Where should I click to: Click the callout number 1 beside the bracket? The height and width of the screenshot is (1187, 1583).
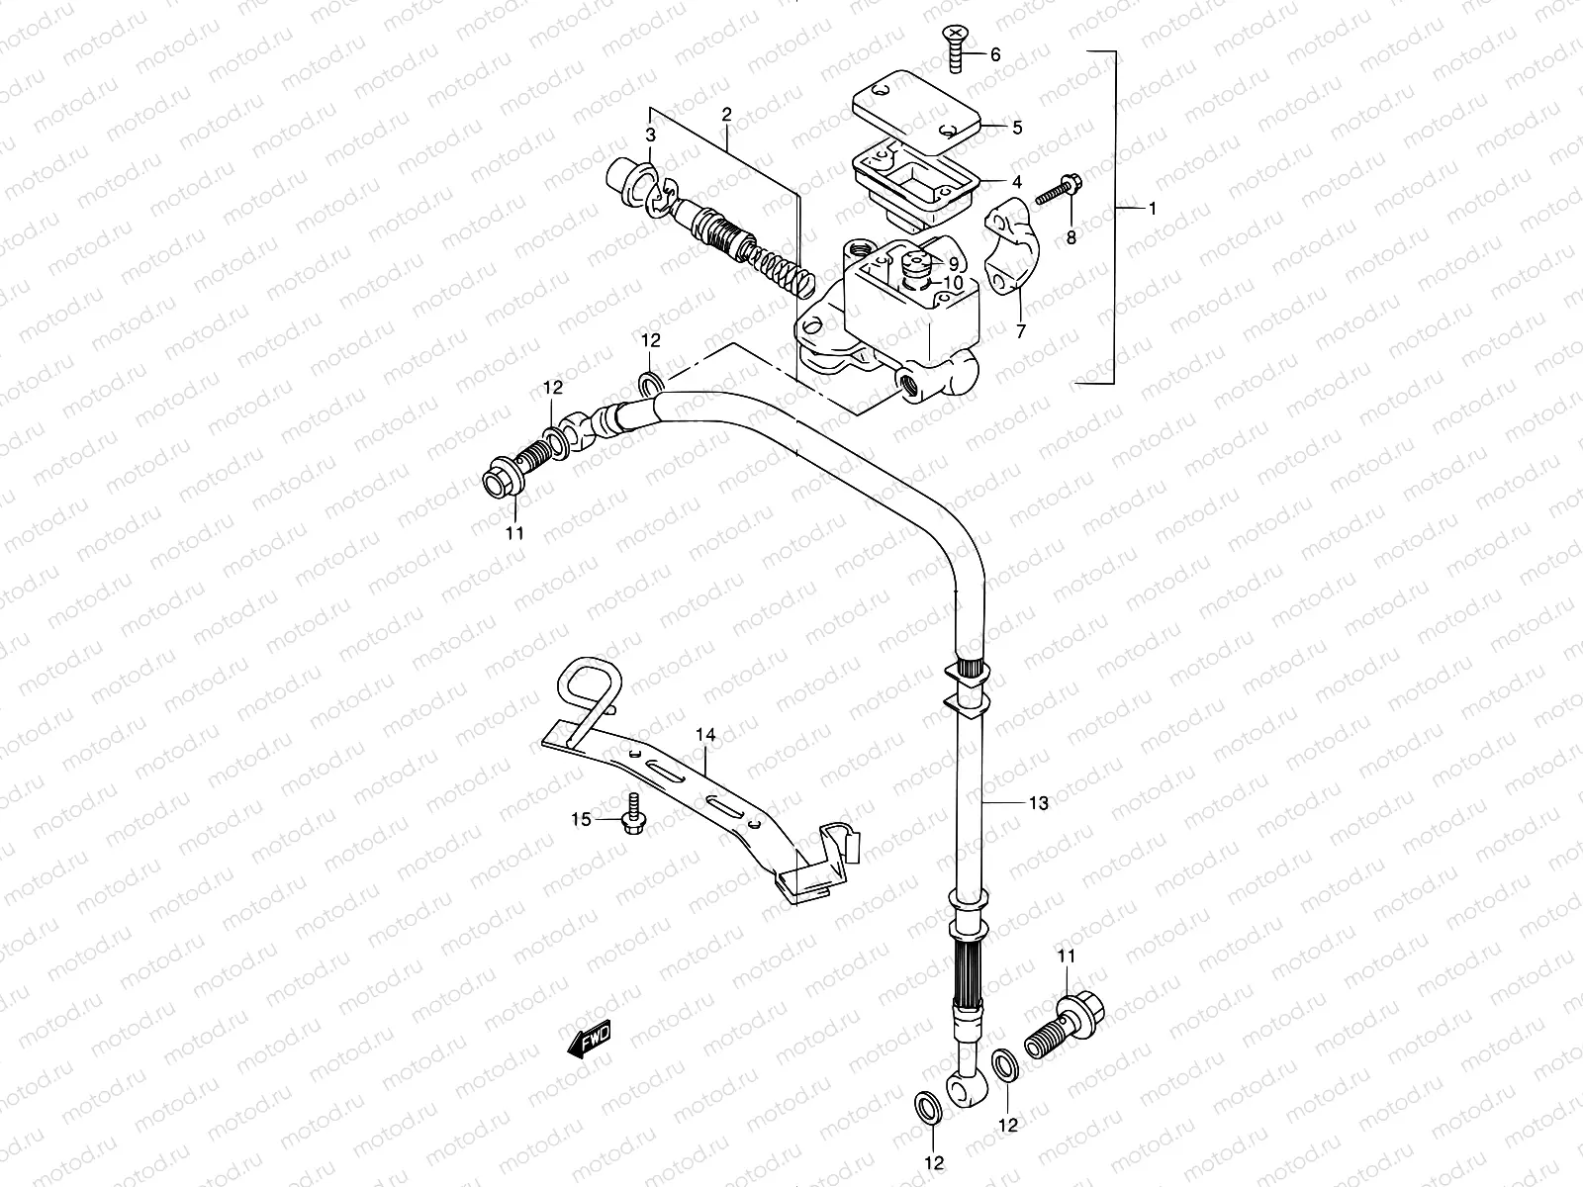point(1151,210)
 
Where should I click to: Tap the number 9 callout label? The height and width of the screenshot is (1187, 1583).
point(953,264)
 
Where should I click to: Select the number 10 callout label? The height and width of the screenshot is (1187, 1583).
point(952,283)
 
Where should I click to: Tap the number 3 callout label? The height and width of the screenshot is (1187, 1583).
point(651,135)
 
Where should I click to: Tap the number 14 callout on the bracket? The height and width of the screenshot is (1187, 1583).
point(704,736)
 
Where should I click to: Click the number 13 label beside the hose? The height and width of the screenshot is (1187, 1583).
point(1037,804)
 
